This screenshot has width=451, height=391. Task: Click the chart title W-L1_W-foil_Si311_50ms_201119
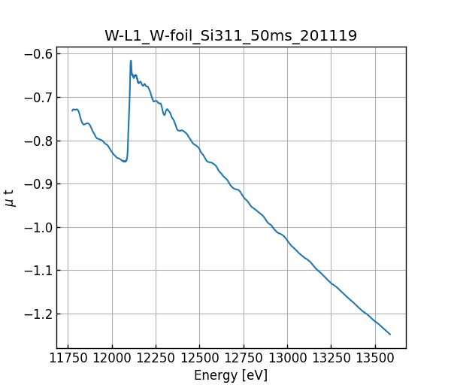pos(231,35)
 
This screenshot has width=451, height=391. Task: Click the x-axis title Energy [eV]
pos(231,375)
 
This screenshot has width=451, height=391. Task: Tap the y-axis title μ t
pos(10,198)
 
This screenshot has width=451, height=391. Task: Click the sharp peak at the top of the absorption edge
pos(131,61)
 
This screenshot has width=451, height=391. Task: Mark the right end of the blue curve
pos(390,334)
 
